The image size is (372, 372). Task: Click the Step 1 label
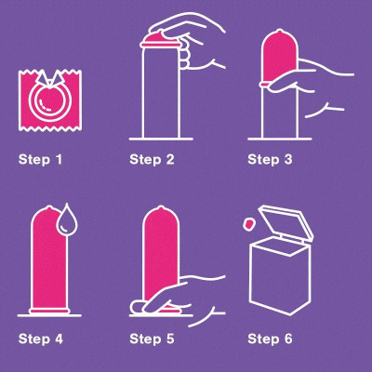tap(40, 160)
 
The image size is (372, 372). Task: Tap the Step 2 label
tap(152, 160)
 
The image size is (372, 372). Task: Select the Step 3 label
tap(270, 160)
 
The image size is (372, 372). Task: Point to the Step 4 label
tap(41, 339)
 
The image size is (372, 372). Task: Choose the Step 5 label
tap(152, 339)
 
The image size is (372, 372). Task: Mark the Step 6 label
tap(270, 339)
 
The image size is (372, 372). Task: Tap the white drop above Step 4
tap(67, 219)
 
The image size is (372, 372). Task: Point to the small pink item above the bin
tap(248, 224)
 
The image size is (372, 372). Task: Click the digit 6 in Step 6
tap(288, 339)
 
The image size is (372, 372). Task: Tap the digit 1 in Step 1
tap(59, 160)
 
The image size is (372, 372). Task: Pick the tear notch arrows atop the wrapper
tap(50, 77)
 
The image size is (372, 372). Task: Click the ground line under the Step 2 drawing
tap(161, 139)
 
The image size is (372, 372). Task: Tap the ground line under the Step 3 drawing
tap(280, 139)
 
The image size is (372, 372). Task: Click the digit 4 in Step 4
tap(59, 339)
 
